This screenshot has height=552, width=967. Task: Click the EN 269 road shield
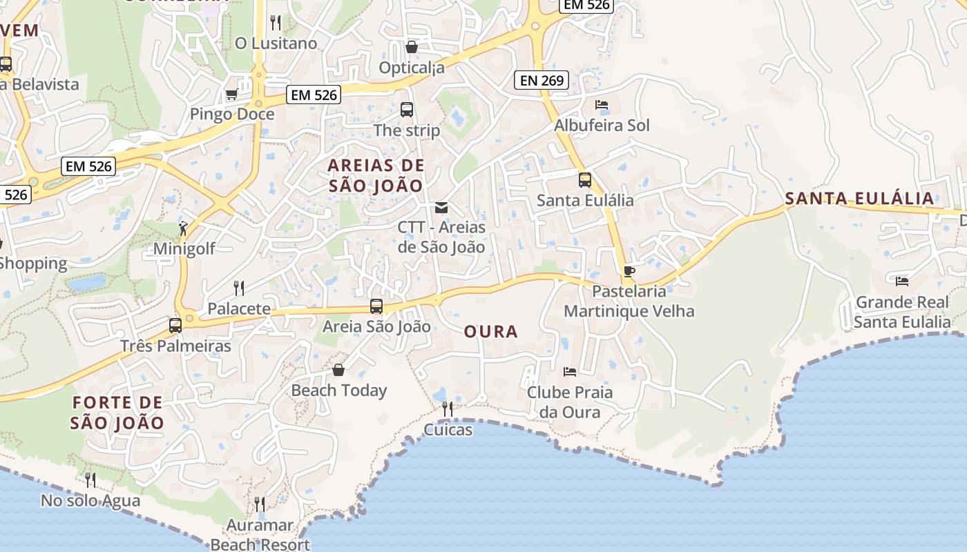point(542,80)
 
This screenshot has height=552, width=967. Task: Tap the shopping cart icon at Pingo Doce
point(231,95)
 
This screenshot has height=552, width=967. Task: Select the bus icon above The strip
point(406,109)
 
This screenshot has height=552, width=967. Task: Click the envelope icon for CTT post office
point(441,208)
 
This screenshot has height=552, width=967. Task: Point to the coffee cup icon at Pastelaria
point(629,271)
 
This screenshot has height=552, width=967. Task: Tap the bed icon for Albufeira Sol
point(602,105)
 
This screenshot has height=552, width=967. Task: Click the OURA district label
point(491,332)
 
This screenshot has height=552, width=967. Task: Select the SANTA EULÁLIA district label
point(859,199)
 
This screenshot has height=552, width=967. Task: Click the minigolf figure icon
point(182,228)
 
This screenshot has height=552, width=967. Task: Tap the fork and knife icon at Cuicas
point(448,409)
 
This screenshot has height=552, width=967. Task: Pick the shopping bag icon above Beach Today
point(338,370)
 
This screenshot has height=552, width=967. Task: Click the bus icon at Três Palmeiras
point(175,325)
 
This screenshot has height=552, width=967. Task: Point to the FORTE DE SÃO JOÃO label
point(117,413)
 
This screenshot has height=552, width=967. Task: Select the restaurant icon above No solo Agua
point(90,480)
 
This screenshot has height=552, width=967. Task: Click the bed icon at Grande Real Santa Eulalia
point(901,281)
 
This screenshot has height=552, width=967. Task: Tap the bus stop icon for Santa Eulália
point(584,180)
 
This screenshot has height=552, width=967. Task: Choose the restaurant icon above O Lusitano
point(276,23)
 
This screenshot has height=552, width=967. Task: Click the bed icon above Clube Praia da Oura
point(569,372)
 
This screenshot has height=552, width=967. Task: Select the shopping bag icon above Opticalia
point(412,47)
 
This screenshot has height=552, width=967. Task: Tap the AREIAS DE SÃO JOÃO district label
point(376,175)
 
